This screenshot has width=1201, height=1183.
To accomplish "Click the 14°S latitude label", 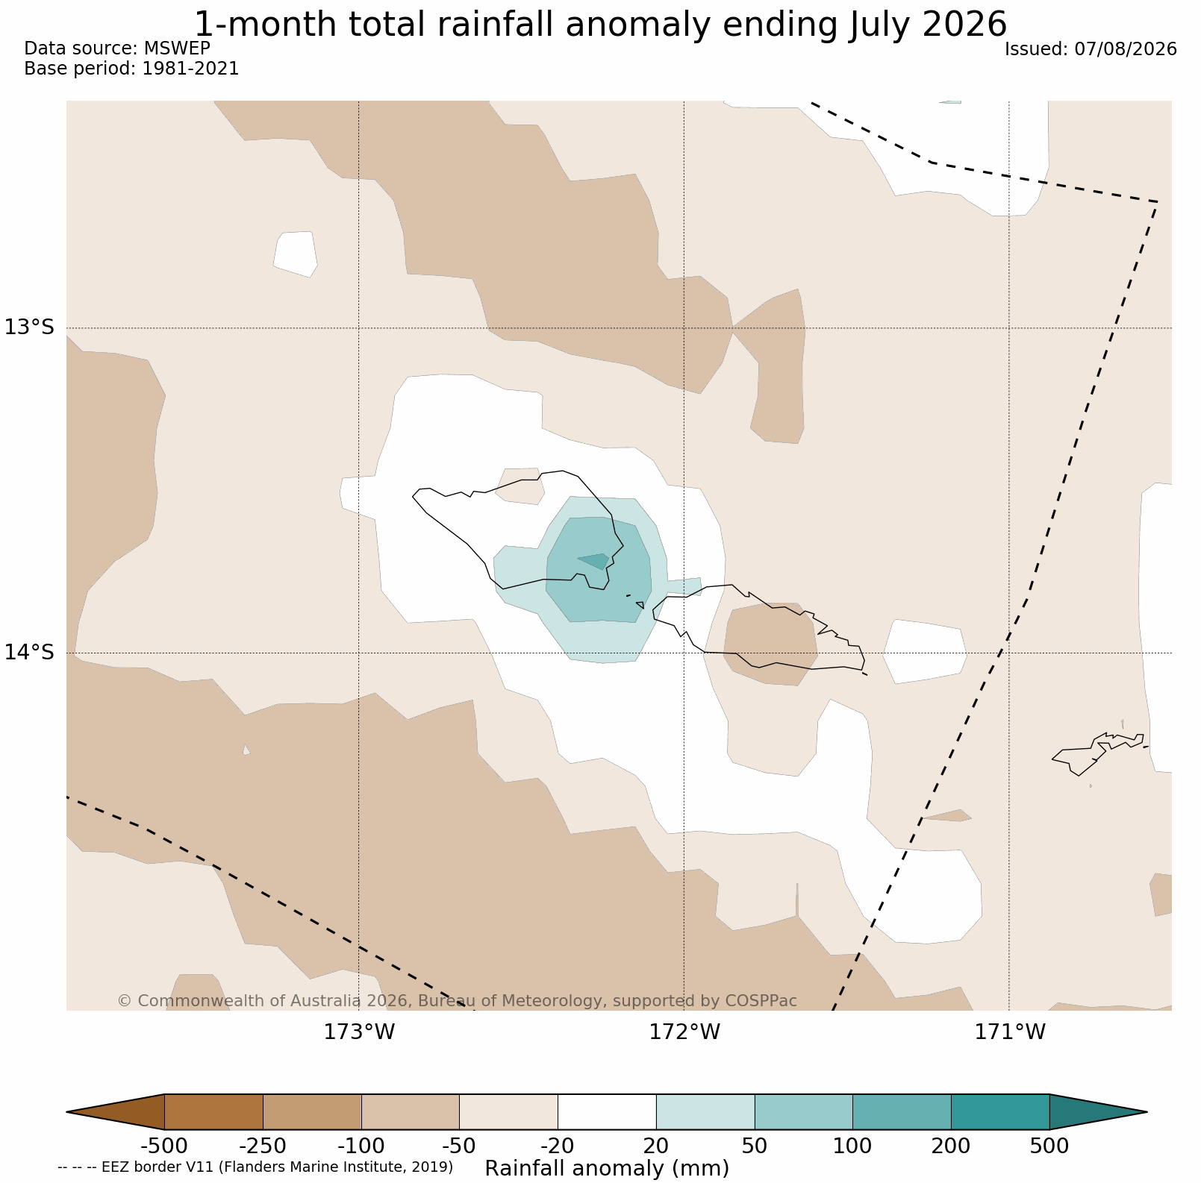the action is point(30,653).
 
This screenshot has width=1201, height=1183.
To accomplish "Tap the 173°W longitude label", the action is point(359,1032).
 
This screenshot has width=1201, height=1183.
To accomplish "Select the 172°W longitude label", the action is point(684,1032).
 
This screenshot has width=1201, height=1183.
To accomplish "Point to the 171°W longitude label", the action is point(1010,1032).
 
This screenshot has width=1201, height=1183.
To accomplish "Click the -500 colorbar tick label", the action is point(164,1146).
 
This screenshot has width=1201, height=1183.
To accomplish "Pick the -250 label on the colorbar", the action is point(263,1146).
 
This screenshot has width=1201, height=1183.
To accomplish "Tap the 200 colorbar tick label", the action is point(951,1146).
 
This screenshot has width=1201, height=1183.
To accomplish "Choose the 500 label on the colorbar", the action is point(1049,1146).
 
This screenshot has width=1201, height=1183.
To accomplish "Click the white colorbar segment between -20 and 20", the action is point(607,1112).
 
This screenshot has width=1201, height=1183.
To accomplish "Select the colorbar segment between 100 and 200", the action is point(902,1112).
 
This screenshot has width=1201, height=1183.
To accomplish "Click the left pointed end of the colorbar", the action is point(67,1112).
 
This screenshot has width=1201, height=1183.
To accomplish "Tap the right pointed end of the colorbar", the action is point(1147,1112).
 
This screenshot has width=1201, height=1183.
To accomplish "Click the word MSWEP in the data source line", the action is point(177,48).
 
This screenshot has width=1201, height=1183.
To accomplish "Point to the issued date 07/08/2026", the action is point(1126,49).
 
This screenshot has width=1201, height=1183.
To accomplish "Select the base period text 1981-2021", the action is point(191,69).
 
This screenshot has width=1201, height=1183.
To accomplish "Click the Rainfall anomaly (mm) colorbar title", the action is point(607,1168).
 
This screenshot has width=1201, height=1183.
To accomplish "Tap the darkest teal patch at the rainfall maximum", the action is point(597,560).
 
